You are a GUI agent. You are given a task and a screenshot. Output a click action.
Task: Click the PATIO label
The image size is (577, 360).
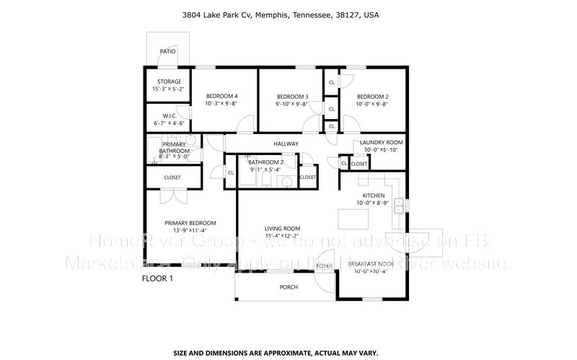point(167,52)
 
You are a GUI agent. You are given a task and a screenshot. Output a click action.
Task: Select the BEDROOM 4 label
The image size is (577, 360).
point(221,96)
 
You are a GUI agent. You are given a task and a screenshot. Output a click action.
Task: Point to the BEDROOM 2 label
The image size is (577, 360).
point(372,96)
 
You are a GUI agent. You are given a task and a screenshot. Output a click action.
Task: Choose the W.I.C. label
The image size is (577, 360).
point(169,116)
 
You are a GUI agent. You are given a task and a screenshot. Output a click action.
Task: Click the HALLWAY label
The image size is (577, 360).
point(286,144)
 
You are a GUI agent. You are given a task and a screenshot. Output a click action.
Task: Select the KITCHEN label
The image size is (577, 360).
point(373,196)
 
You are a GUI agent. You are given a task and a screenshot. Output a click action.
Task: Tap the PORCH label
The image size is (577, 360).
point(288,287)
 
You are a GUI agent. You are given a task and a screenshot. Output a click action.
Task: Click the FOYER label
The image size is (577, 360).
point(324,266)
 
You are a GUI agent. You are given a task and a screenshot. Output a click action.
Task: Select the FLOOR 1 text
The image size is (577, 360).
point(158,278)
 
